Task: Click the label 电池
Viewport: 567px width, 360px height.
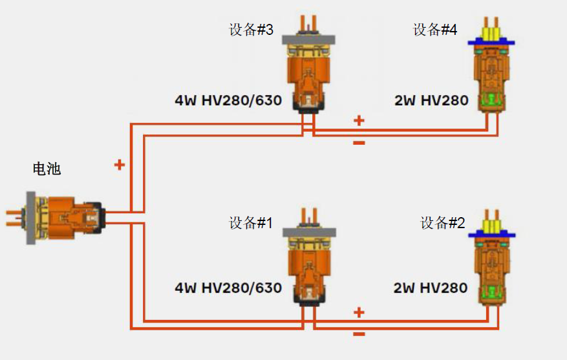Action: tap(47, 169)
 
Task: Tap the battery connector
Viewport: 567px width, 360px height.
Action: tap(62, 217)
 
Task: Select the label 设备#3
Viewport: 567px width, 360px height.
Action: tap(251, 30)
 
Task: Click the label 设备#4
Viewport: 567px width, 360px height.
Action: tap(435, 30)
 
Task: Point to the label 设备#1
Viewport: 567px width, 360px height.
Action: tap(251, 224)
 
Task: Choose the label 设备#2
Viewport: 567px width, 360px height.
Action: tap(443, 224)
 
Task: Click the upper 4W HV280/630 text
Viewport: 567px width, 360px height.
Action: tap(228, 101)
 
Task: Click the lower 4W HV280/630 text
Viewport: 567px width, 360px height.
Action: tap(228, 288)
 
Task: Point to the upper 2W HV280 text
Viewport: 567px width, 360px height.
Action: tap(431, 101)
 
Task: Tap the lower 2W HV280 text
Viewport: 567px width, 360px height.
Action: tap(431, 288)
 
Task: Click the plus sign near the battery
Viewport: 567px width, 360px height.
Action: tap(119, 165)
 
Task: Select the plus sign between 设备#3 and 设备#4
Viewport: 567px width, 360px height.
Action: tap(359, 120)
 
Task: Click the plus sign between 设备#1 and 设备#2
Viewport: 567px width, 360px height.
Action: tap(359, 313)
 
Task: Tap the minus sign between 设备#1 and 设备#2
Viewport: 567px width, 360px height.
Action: tap(359, 334)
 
